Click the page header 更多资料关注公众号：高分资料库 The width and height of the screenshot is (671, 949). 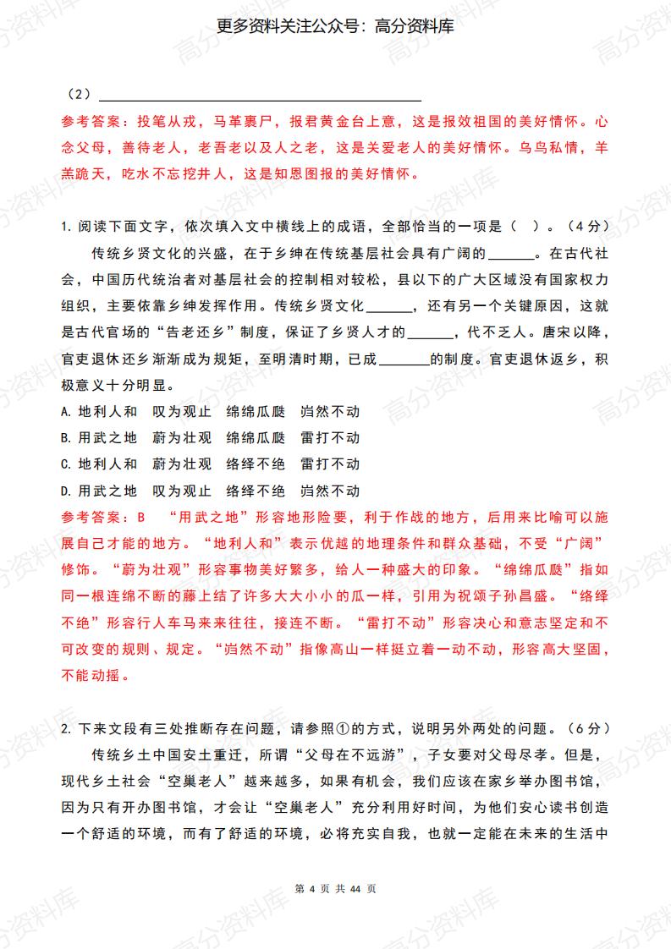[x=335, y=27]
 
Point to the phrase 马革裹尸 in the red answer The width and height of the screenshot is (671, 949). [x=244, y=121]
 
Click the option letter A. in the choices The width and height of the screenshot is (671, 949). [x=68, y=411]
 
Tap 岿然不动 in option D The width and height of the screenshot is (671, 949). [x=329, y=490]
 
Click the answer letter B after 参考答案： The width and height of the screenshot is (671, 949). [x=141, y=516]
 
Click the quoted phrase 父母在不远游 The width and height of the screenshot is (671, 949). [x=349, y=754]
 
